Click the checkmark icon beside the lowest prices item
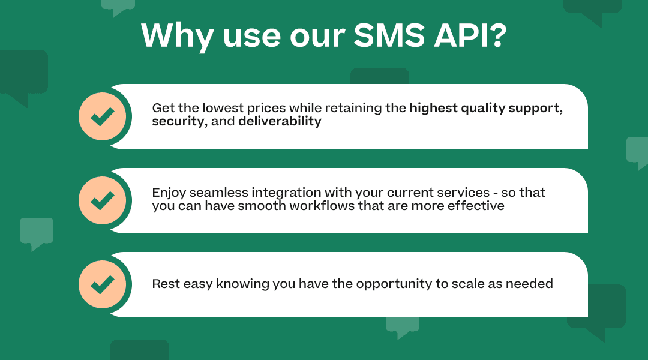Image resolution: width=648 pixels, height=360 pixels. point(103,116)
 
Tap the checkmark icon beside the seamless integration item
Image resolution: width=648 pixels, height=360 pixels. point(103,200)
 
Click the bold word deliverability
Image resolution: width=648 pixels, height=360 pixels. point(280,121)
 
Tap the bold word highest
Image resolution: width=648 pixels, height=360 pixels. point(433,109)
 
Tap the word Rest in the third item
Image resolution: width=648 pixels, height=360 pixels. point(165,284)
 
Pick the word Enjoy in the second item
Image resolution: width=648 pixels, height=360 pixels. point(169,193)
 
